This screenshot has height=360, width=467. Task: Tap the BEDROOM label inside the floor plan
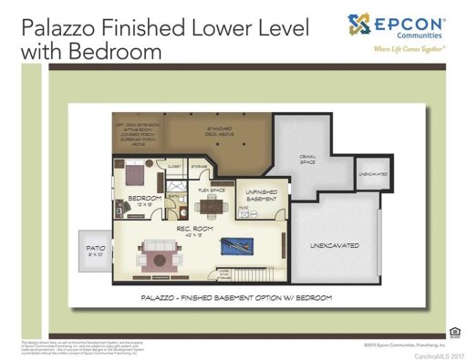click(144, 198)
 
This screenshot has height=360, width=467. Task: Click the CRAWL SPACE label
click(308, 160)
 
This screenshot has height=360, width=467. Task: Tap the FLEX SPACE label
click(212, 190)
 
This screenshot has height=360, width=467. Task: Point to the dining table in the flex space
click(212, 204)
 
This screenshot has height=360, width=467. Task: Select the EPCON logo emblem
click(358, 23)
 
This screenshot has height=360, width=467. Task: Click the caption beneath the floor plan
click(235, 297)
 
